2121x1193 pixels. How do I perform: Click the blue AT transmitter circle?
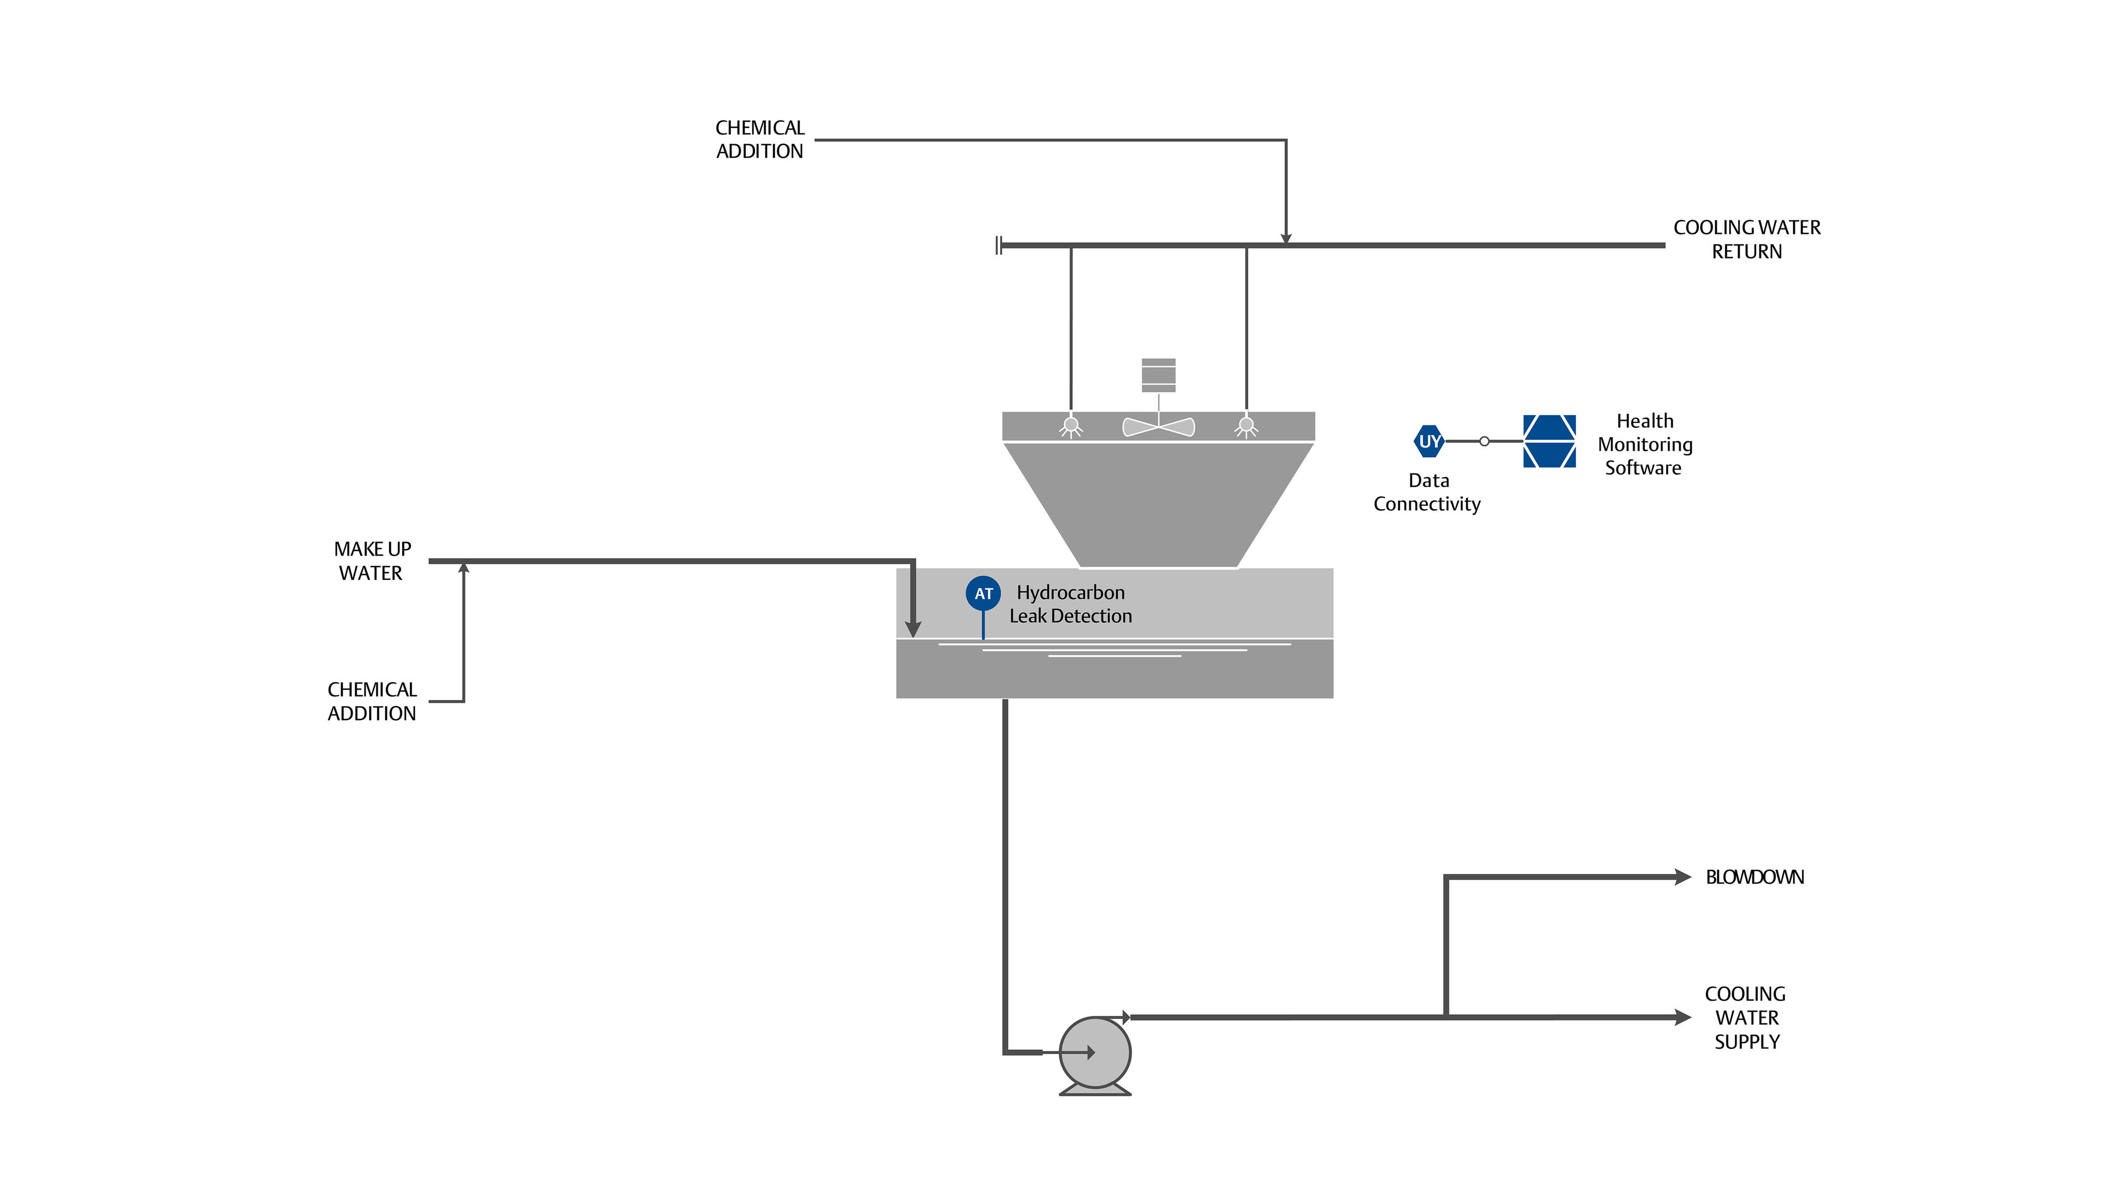(983, 593)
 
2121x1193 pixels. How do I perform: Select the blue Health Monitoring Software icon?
(1549, 441)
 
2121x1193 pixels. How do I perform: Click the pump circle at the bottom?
(1094, 1052)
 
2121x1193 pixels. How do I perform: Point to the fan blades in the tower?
(1159, 426)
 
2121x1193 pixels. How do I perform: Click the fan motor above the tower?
(1159, 375)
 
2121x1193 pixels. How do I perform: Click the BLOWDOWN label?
(1754, 878)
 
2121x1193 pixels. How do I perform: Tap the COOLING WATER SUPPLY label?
(1746, 1017)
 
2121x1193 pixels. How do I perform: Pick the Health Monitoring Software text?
(1644, 444)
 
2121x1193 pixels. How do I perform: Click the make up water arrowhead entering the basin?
(912, 630)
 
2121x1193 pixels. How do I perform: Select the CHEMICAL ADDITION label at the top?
(759, 139)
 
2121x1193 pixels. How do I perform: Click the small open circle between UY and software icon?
(1484, 441)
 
